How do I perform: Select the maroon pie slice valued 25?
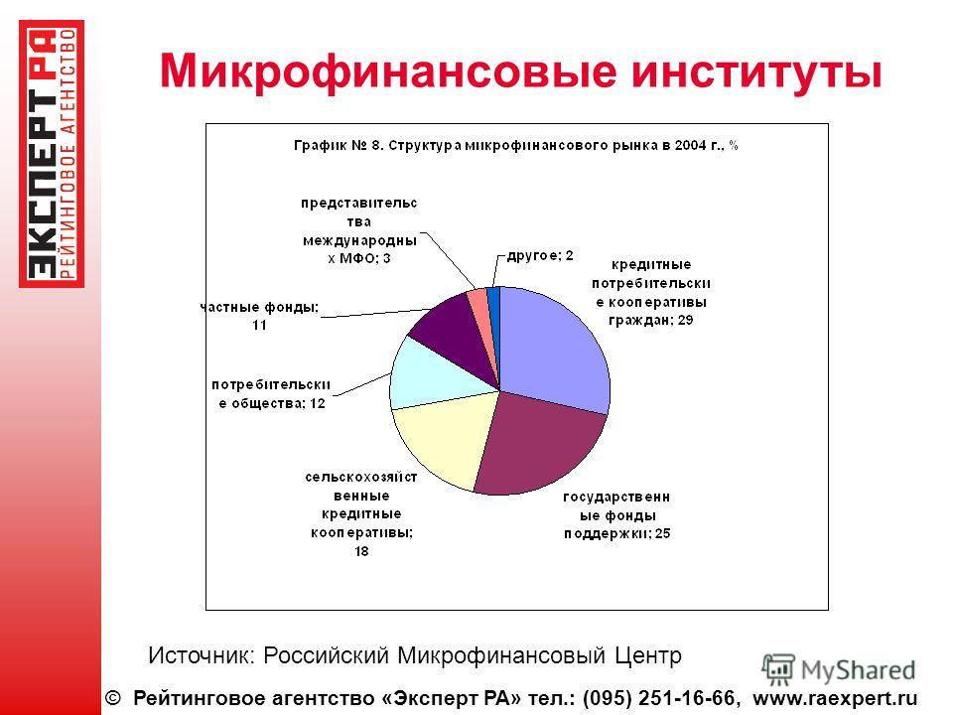point(538,447)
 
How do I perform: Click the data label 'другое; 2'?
point(540,255)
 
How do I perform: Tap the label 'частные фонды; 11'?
point(259,316)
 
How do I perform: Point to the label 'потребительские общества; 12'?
point(271,394)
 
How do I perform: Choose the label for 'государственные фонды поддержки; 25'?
point(616,515)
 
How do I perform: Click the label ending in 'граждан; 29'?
point(651,292)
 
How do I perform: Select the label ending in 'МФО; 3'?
point(359,230)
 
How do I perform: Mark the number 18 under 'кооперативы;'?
point(361,551)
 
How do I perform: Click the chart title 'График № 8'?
point(516,146)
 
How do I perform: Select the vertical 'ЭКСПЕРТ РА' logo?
point(51,154)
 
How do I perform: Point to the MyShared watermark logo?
point(839,670)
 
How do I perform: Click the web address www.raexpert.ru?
point(835,698)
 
